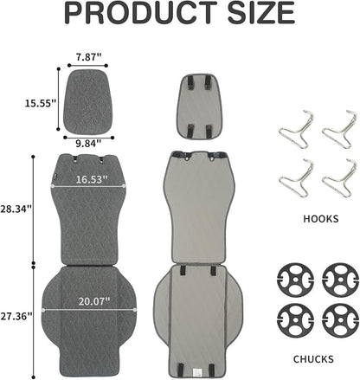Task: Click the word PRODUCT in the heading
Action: click(141, 13)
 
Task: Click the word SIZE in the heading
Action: click(261, 13)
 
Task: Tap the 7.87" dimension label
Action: click(89, 57)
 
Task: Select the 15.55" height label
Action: click(40, 103)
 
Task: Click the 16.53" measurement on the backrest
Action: click(92, 179)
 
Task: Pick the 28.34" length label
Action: click(16, 209)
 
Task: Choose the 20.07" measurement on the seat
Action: click(94, 301)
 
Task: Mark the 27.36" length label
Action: click(16, 316)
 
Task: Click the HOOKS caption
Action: click(321, 219)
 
